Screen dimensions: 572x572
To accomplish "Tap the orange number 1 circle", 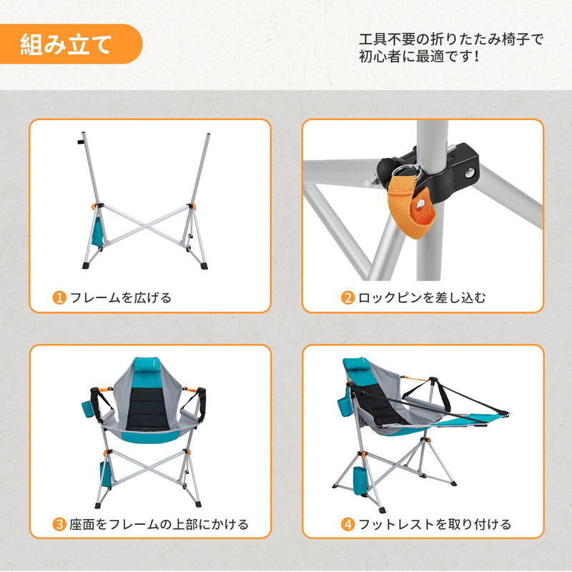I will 59,297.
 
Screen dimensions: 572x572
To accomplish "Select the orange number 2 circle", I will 347,297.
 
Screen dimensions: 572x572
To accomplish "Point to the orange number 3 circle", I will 59,524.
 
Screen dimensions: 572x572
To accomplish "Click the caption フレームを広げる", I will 121,297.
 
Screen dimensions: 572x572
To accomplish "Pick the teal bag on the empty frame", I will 99,230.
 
